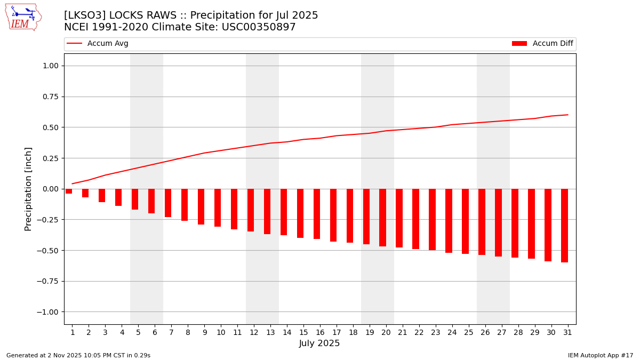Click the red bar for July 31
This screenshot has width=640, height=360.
[564, 226]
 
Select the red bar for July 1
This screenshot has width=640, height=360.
[69, 191]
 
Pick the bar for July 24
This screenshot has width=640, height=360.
[449, 221]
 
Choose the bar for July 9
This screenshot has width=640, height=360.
[201, 207]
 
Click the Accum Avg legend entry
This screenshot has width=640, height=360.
[98, 44]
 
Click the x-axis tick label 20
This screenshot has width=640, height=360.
[386, 333]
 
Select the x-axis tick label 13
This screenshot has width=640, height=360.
[270, 333]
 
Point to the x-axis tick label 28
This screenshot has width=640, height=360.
[518, 333]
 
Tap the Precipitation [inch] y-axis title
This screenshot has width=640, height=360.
[28, 189]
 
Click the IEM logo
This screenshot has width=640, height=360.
[23, 17]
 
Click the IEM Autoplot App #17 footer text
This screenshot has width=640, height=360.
[600, 356]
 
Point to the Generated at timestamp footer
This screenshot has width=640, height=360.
[78, 356]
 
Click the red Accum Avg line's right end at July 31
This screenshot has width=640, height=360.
[567, 115]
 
